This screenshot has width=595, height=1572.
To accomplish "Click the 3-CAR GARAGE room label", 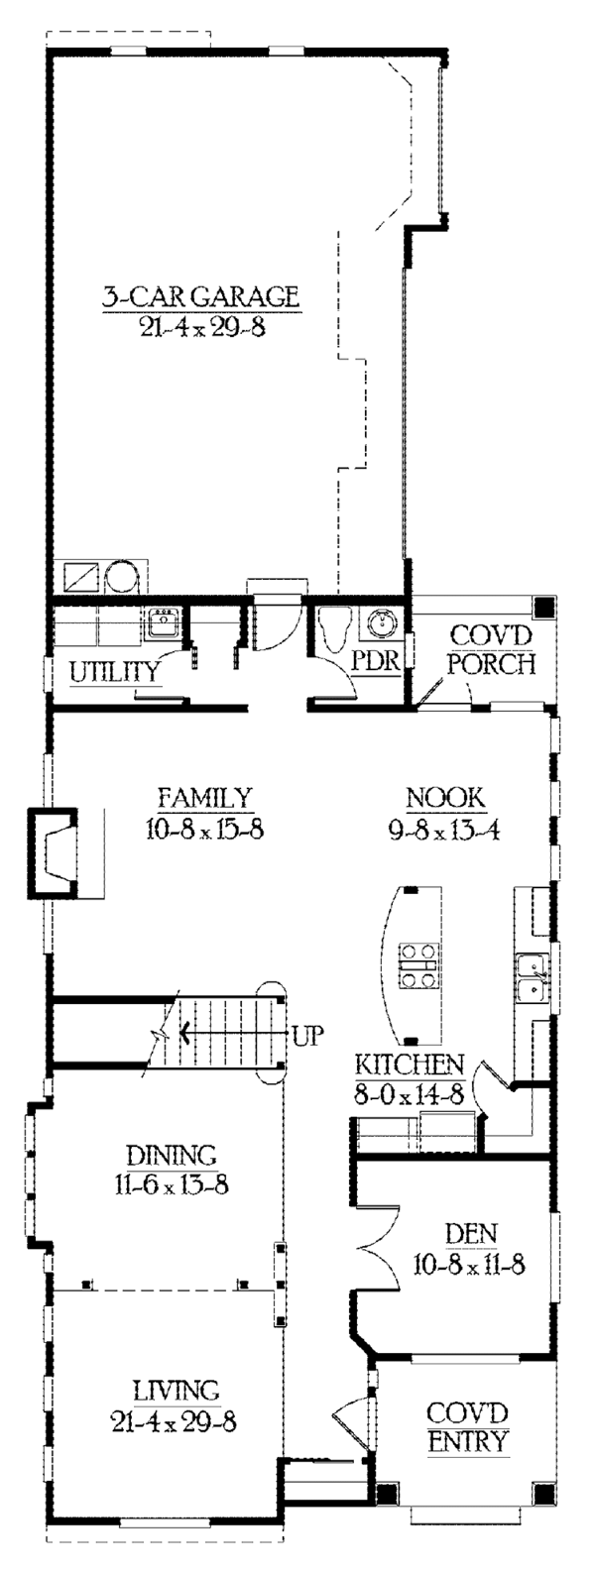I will (x=200, y=295).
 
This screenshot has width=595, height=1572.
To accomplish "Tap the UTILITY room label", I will (x=115, y=673).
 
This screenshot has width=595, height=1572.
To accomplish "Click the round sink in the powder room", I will (x=382, y=623).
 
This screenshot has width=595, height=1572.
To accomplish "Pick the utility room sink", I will (x=162, y=623).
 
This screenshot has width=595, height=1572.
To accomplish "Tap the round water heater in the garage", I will (x=124, y=576).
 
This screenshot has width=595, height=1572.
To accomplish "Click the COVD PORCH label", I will (x=491, y=649).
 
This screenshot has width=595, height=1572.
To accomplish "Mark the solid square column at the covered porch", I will (x=542, y=607).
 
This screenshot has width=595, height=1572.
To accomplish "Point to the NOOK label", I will (x=444, y=796).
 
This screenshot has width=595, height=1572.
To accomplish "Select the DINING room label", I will (x=171, y=1155).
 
